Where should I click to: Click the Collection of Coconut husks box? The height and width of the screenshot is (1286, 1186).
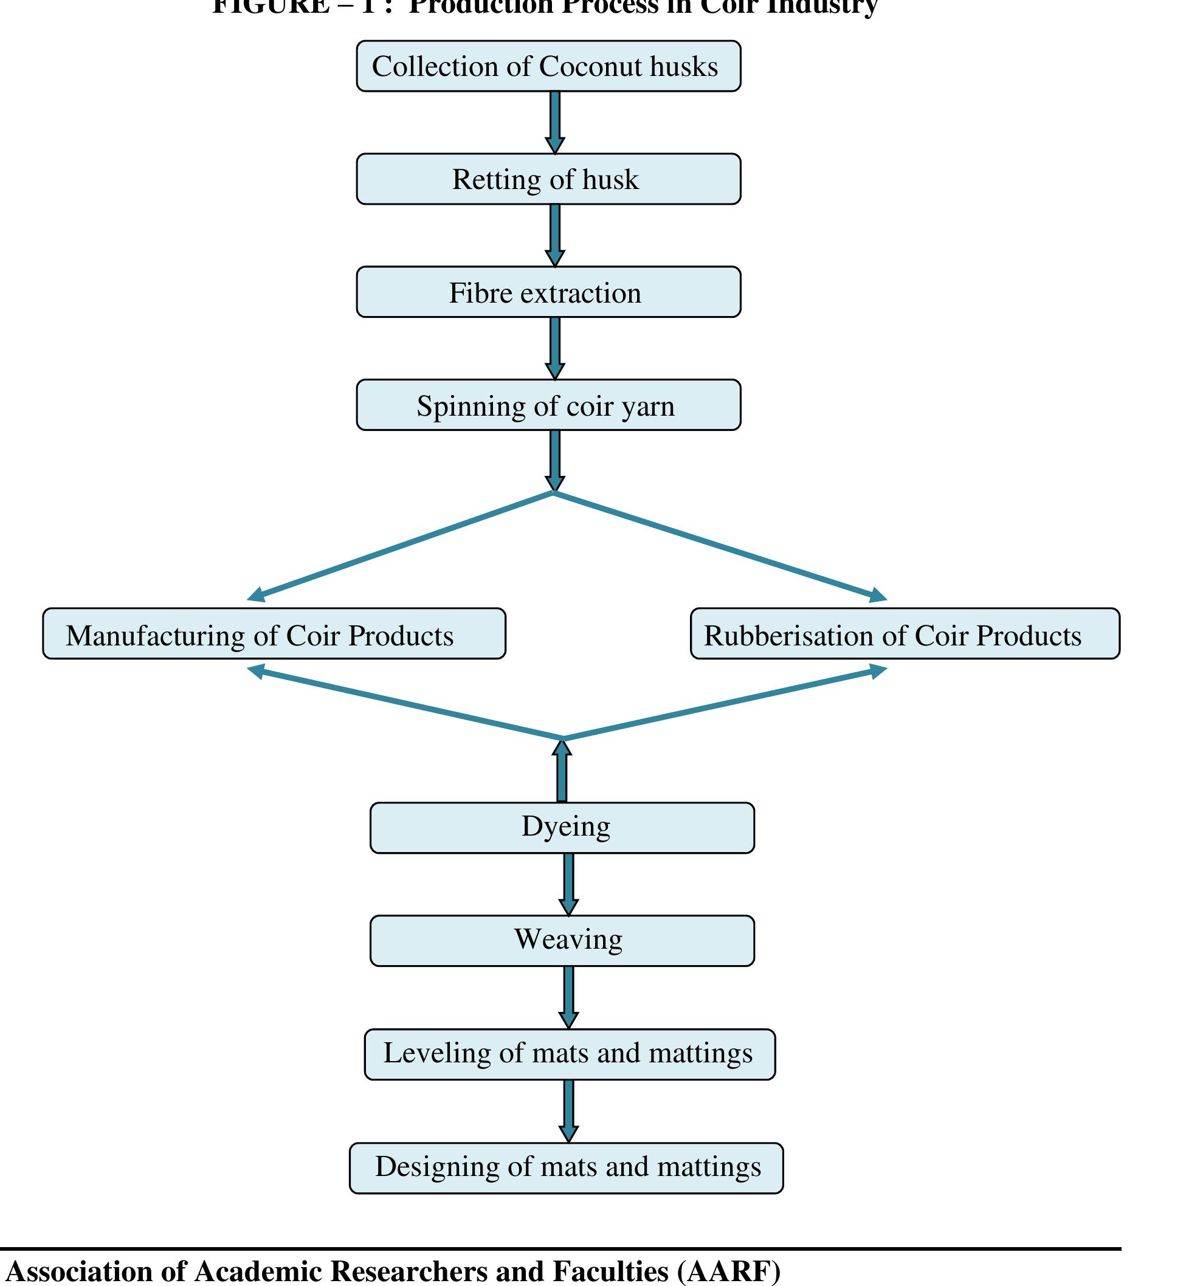pos(548,66)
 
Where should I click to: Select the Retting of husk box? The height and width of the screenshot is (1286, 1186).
pos(548,179)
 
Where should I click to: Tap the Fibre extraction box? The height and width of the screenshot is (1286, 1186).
pos(548,292)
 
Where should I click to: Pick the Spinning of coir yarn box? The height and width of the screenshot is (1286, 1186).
pos(548,405)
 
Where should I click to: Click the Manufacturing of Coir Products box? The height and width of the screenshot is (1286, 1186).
pos(274,633)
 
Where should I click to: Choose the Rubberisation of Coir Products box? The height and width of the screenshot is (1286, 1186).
pos(905,633)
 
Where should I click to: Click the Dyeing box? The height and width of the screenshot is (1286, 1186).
pos(562,828)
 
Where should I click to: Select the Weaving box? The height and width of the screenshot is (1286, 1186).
pos(562,941)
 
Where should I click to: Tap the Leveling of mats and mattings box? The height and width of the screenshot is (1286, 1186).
pos(569,1054)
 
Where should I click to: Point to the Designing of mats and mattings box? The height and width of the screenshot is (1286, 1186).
pos(566,1168)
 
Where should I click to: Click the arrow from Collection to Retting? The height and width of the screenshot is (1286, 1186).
pos(555,122)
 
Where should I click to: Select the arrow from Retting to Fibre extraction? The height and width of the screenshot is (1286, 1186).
pos(555,235)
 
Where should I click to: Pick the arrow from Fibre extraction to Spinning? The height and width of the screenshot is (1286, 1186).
pos(555,348)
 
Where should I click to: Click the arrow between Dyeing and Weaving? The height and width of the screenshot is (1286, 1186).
pos(568,884)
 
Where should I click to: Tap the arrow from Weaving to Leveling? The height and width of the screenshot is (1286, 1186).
pos(568,997)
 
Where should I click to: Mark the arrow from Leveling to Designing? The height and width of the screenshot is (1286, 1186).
pos(568,1111)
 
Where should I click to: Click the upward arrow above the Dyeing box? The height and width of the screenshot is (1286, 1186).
pos(562,770)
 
